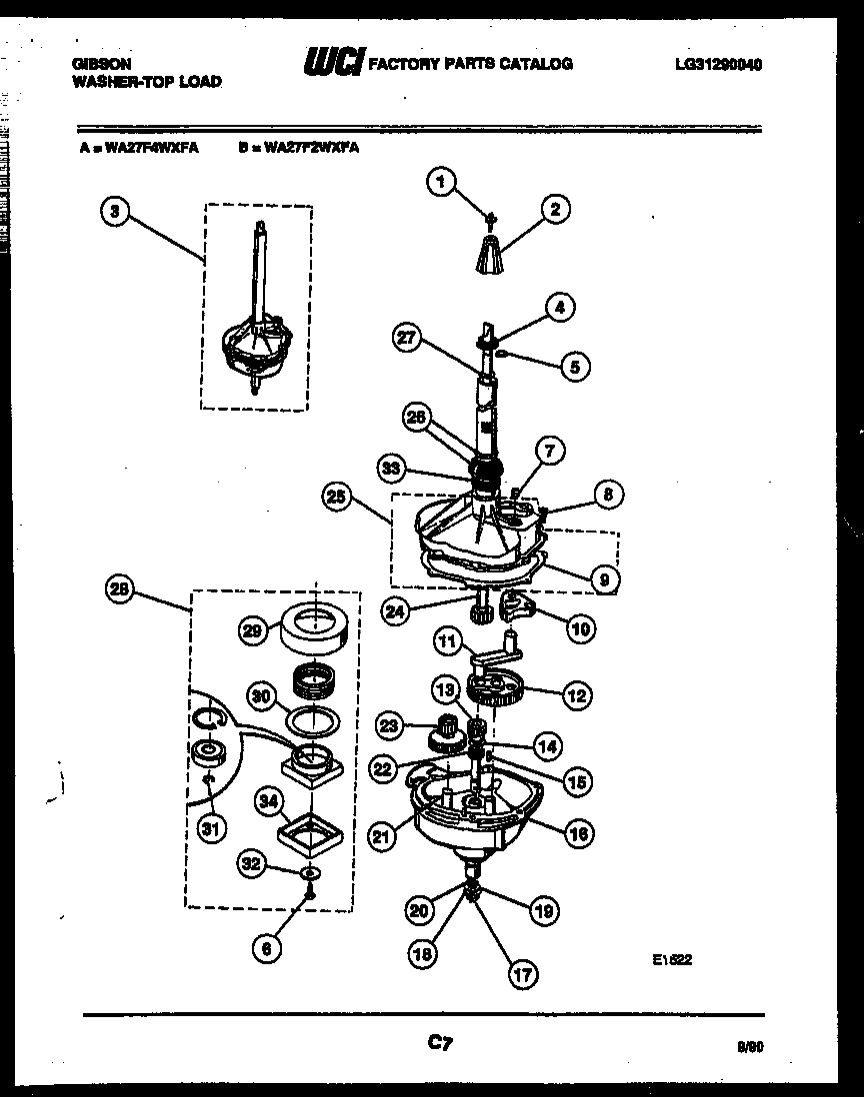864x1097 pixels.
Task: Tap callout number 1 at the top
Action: pyautogui.click(x=439, y=181)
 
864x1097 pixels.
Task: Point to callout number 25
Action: pyautogui.click(x=337, y=495)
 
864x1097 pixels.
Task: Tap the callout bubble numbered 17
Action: pyautogui.click(x=522, y=974)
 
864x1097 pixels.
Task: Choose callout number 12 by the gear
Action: pyautogui.click(x=576, y=695)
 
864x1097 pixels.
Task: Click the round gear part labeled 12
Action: pyautogui.click(x=497, y=687)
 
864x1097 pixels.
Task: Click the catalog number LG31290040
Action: pyautogui.click(x=718, y=64)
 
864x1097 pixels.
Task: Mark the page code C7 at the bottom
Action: pyautogui.click(x=438, y=1044)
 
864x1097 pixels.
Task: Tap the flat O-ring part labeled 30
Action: pyautogui.click(x=314, y=718)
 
